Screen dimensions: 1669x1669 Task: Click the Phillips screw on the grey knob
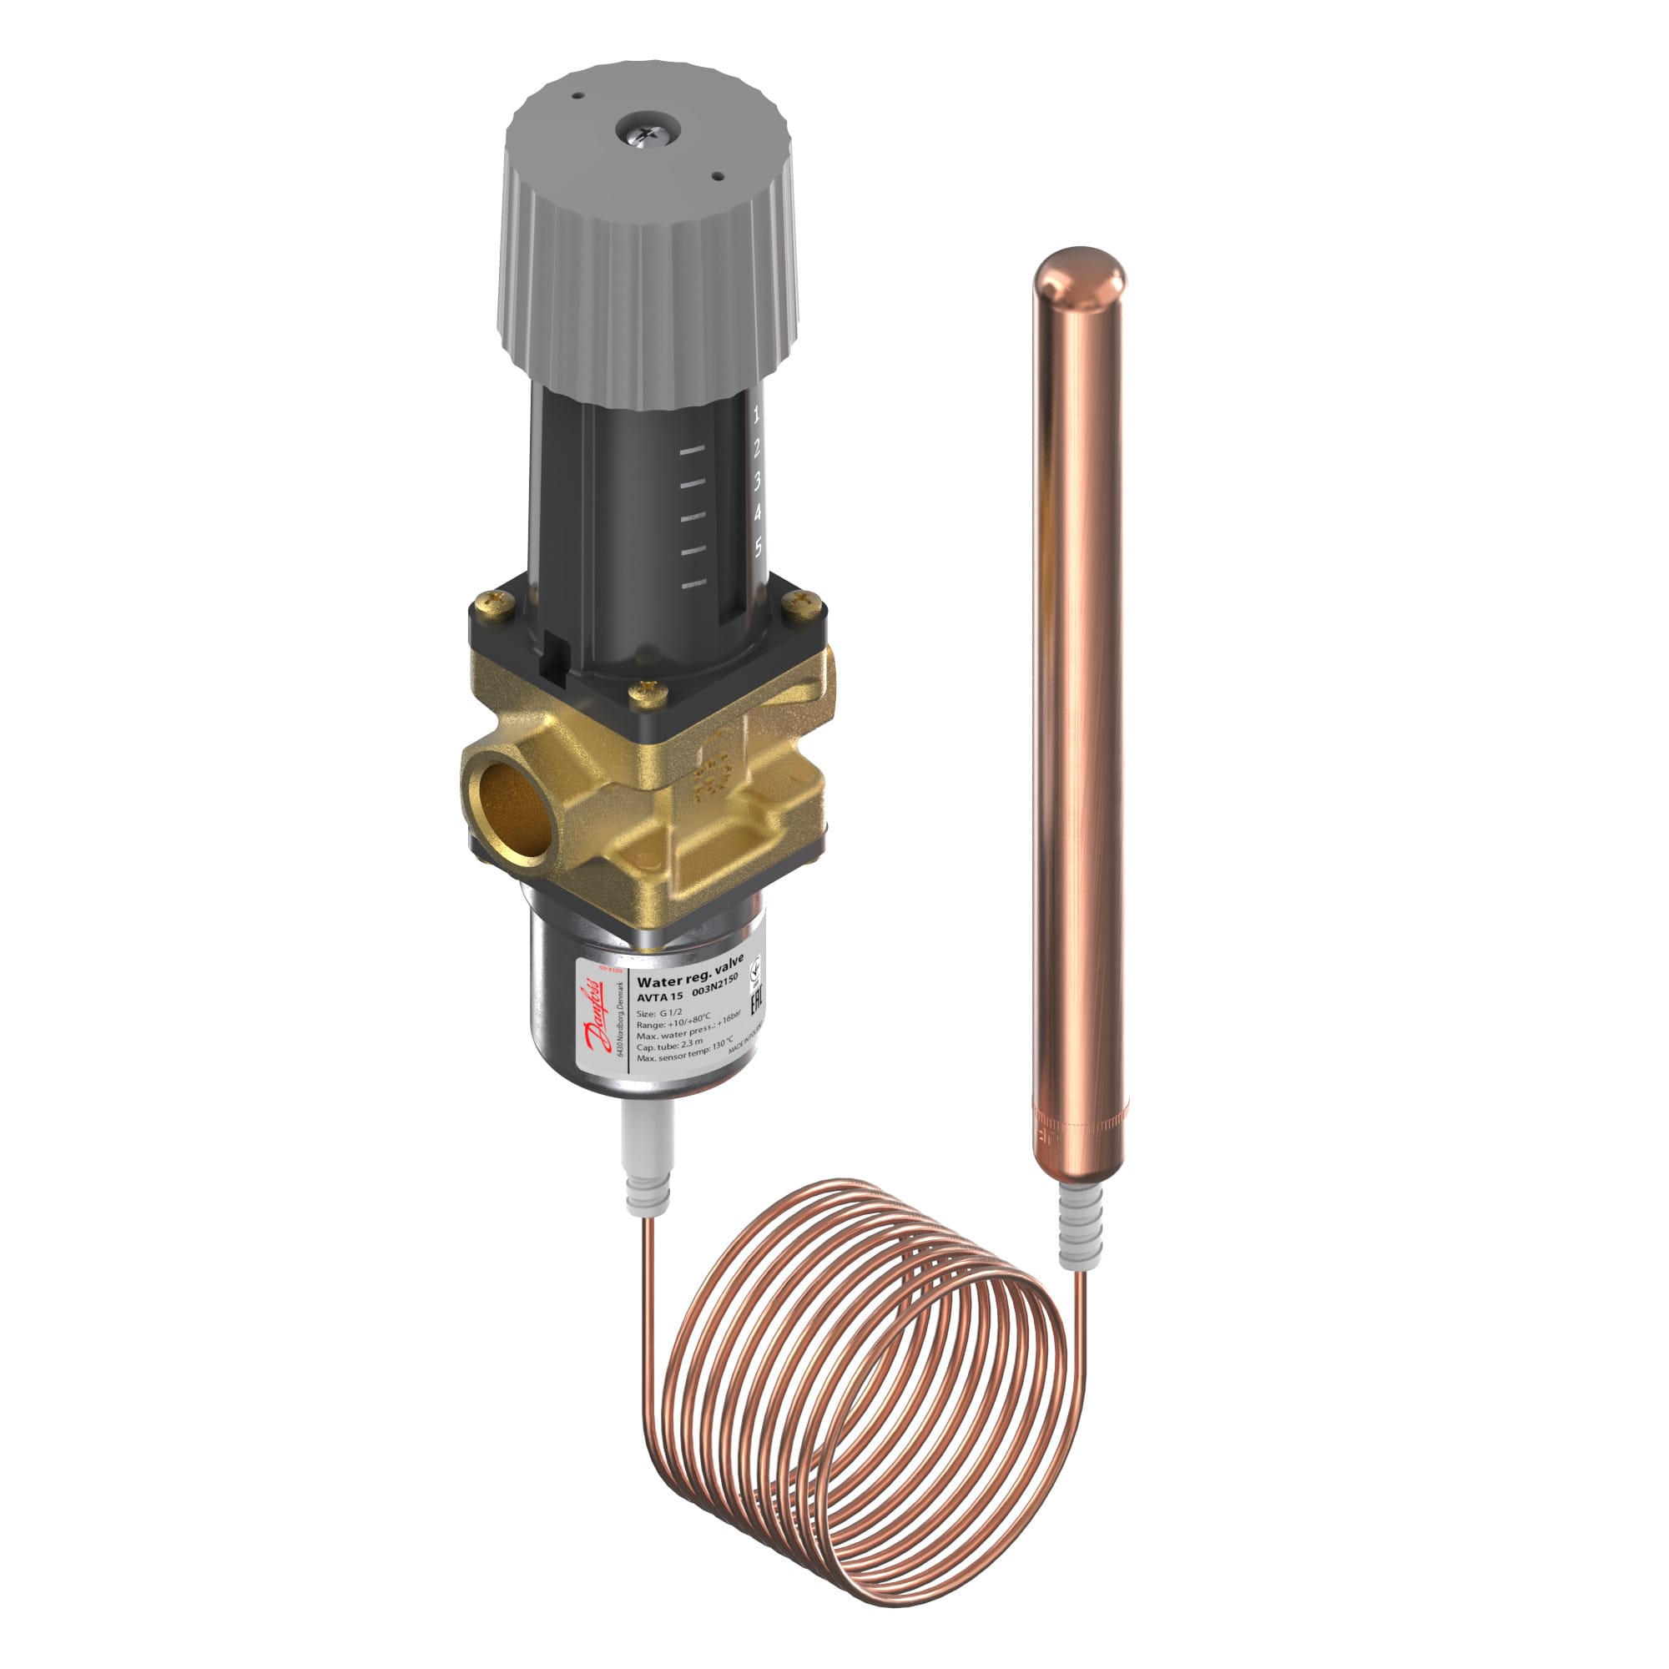coord(647,131)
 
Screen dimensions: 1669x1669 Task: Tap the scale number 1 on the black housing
coord(757,416)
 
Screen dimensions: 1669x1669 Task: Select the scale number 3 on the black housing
coord(757,481)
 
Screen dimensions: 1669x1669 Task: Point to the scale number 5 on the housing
coord(759,546)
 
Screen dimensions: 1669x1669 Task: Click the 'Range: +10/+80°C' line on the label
coord(673,1023)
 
